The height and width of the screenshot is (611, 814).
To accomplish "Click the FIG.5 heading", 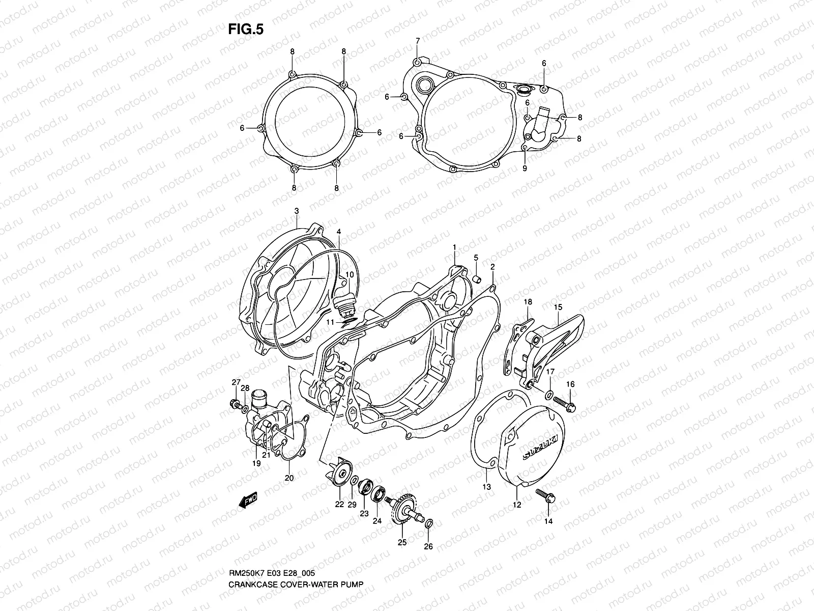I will point(245,30).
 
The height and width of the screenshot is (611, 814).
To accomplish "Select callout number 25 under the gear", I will point(402,543).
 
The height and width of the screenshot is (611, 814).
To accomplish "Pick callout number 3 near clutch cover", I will point(296,211).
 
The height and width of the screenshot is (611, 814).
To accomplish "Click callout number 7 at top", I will point(417,41).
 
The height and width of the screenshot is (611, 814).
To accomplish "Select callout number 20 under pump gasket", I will point(289,478).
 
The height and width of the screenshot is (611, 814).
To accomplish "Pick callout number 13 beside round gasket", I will point(487,487).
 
